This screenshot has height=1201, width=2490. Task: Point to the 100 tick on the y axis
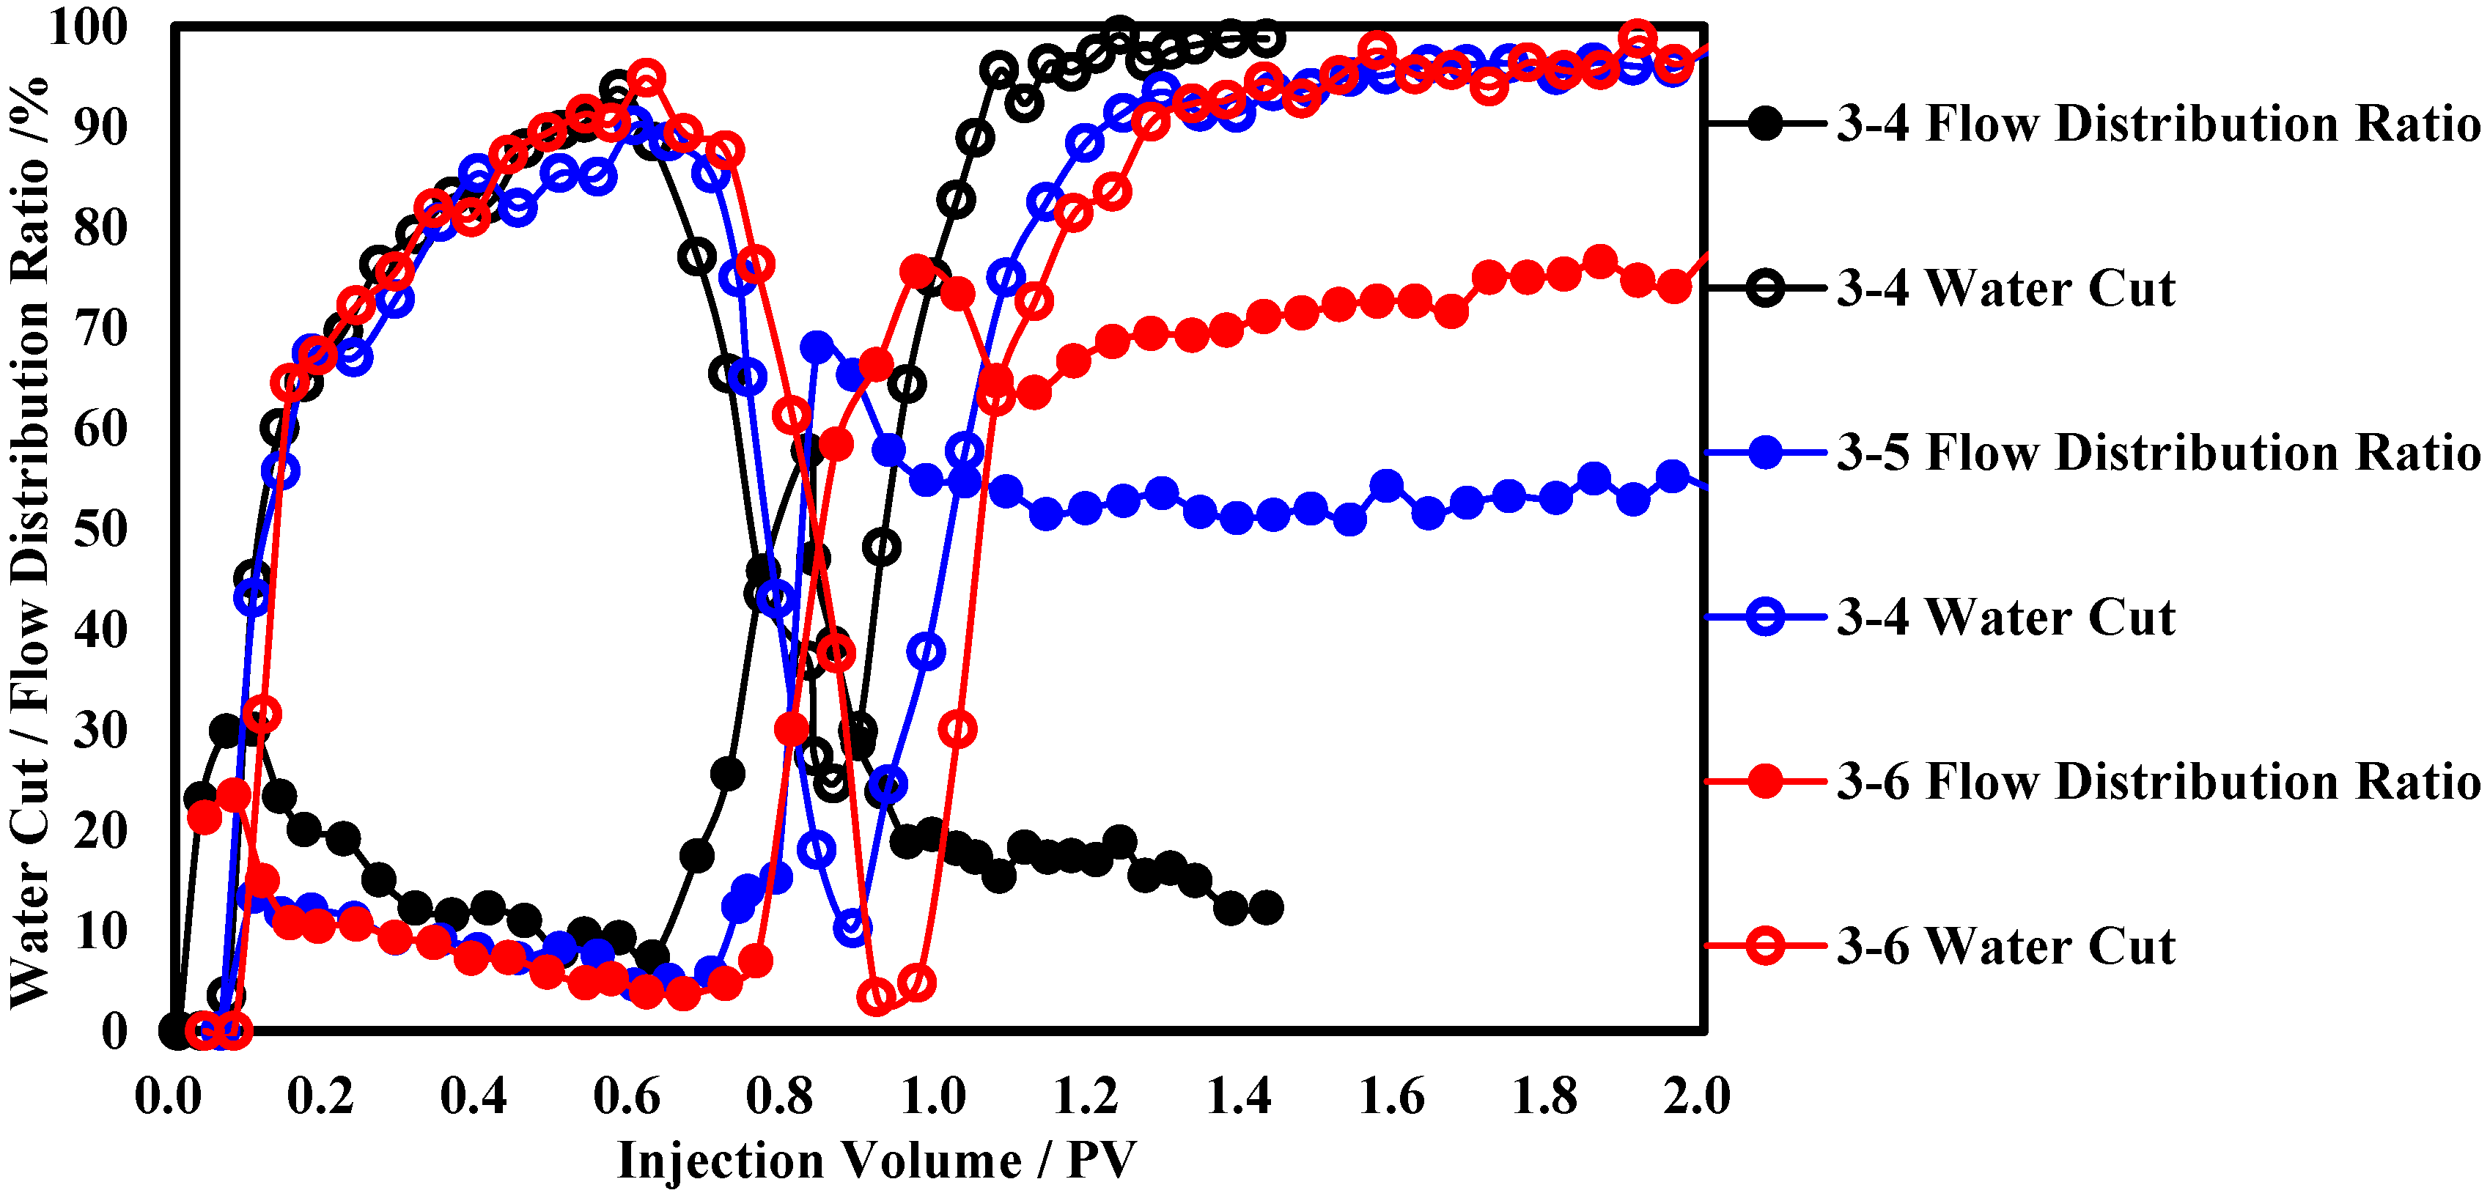tap(88, 26)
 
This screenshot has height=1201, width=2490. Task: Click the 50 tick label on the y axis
tap(100, 530)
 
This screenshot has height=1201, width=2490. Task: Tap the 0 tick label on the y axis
tap(114, 1032)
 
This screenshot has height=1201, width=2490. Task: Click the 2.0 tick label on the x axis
tap(1696, 1097)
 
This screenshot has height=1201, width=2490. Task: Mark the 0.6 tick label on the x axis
tap(627, 1097)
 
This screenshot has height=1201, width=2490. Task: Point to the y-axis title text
tap(29, 541)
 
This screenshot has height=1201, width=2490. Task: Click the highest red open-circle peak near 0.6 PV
tap(646, 77)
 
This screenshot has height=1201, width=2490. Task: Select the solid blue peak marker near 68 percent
tap(818, 346)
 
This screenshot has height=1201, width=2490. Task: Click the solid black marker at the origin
tap(176, 1031)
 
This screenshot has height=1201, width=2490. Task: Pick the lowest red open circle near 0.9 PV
tap(877, 996)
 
